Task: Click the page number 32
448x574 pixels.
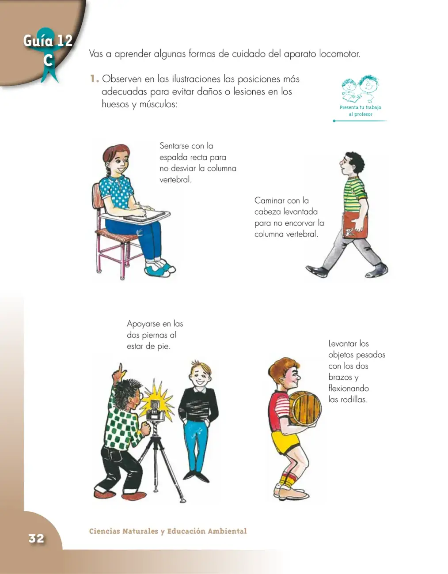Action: [x=37, y=538]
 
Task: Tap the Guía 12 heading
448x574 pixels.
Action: [x=48, y=41]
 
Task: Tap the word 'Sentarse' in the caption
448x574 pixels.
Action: [x=175, y=146]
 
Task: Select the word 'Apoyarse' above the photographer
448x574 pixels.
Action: [x=144, y=324]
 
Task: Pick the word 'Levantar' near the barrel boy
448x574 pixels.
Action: [x=342, y=344]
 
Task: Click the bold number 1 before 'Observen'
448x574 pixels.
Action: [x=94, y=79]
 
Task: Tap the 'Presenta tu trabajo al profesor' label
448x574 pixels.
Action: [x=360, y=111]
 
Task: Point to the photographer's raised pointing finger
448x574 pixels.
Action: [x=121, y=368]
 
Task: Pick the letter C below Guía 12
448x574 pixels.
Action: [x=48, y=60]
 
